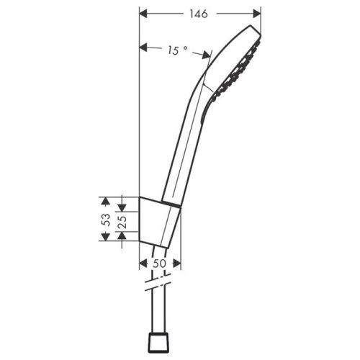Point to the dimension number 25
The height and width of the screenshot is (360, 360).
click(122, 221)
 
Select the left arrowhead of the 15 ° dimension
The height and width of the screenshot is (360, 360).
click(142, 48)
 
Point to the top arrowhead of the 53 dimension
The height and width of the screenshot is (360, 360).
click(105, 199)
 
